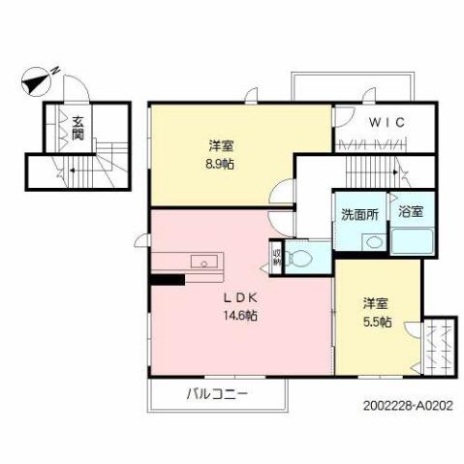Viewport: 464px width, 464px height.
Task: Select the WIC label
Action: point(385,121)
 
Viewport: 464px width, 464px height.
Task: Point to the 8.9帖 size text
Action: point(220,164)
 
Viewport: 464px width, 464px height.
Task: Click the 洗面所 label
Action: point(358,213)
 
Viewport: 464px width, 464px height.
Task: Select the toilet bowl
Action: point(301,258)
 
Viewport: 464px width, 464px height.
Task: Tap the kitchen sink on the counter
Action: point(204,261)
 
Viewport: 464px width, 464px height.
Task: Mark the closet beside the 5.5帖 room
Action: point(440,344)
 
